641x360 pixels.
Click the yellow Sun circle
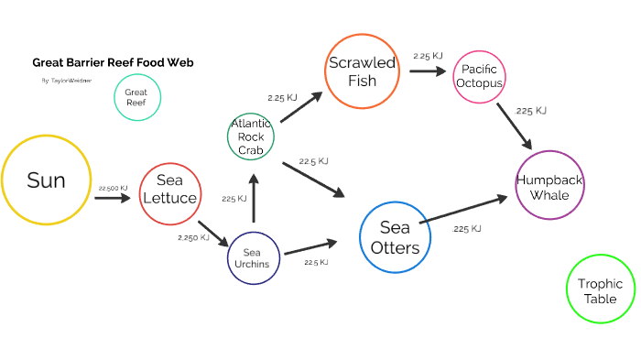(46, 180)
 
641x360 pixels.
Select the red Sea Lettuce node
(169, 194)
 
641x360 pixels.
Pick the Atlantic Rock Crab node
(251, 136)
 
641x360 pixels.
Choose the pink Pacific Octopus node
(481, 77)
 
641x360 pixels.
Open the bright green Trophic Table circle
(601, 289)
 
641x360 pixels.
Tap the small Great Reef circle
(136, 97)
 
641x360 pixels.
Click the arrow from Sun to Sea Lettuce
(114, 197)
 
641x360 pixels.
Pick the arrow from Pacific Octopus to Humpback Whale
(515, 125)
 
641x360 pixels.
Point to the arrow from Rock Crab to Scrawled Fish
(301, 107)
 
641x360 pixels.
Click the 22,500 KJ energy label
(114, 188)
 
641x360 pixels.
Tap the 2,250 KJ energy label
(193, 237)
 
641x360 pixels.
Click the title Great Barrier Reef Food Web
(113, 63)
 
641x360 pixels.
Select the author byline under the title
(66, 81)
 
